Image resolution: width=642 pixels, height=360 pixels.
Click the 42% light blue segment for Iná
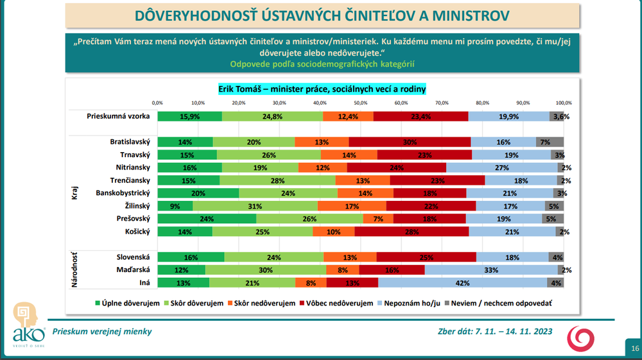click(462, 282)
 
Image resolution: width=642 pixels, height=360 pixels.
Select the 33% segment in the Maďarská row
click(491, 270)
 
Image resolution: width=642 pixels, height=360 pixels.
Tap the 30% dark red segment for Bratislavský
click(410, 142)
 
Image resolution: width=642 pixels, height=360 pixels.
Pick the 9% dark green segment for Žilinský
click(175, 206)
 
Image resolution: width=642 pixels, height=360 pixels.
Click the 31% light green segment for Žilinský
click(256, 206)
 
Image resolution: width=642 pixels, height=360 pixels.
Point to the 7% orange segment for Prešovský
click(378, 219)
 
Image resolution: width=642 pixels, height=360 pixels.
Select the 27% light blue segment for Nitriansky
click(502, 168)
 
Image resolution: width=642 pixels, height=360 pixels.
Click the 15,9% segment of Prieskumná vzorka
click(190, 116)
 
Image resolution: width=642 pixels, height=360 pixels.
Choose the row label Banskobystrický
click(123, 193)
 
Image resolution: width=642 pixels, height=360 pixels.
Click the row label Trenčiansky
click(129, 180)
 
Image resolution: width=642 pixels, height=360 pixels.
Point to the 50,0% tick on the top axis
click(361, 103)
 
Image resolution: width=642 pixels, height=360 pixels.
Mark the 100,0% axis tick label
click(564, 103)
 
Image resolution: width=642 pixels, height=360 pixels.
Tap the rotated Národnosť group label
click(76, 270)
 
